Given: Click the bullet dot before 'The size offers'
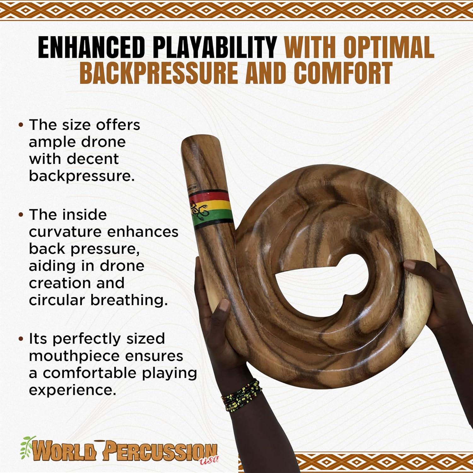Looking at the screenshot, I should (21, 125).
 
